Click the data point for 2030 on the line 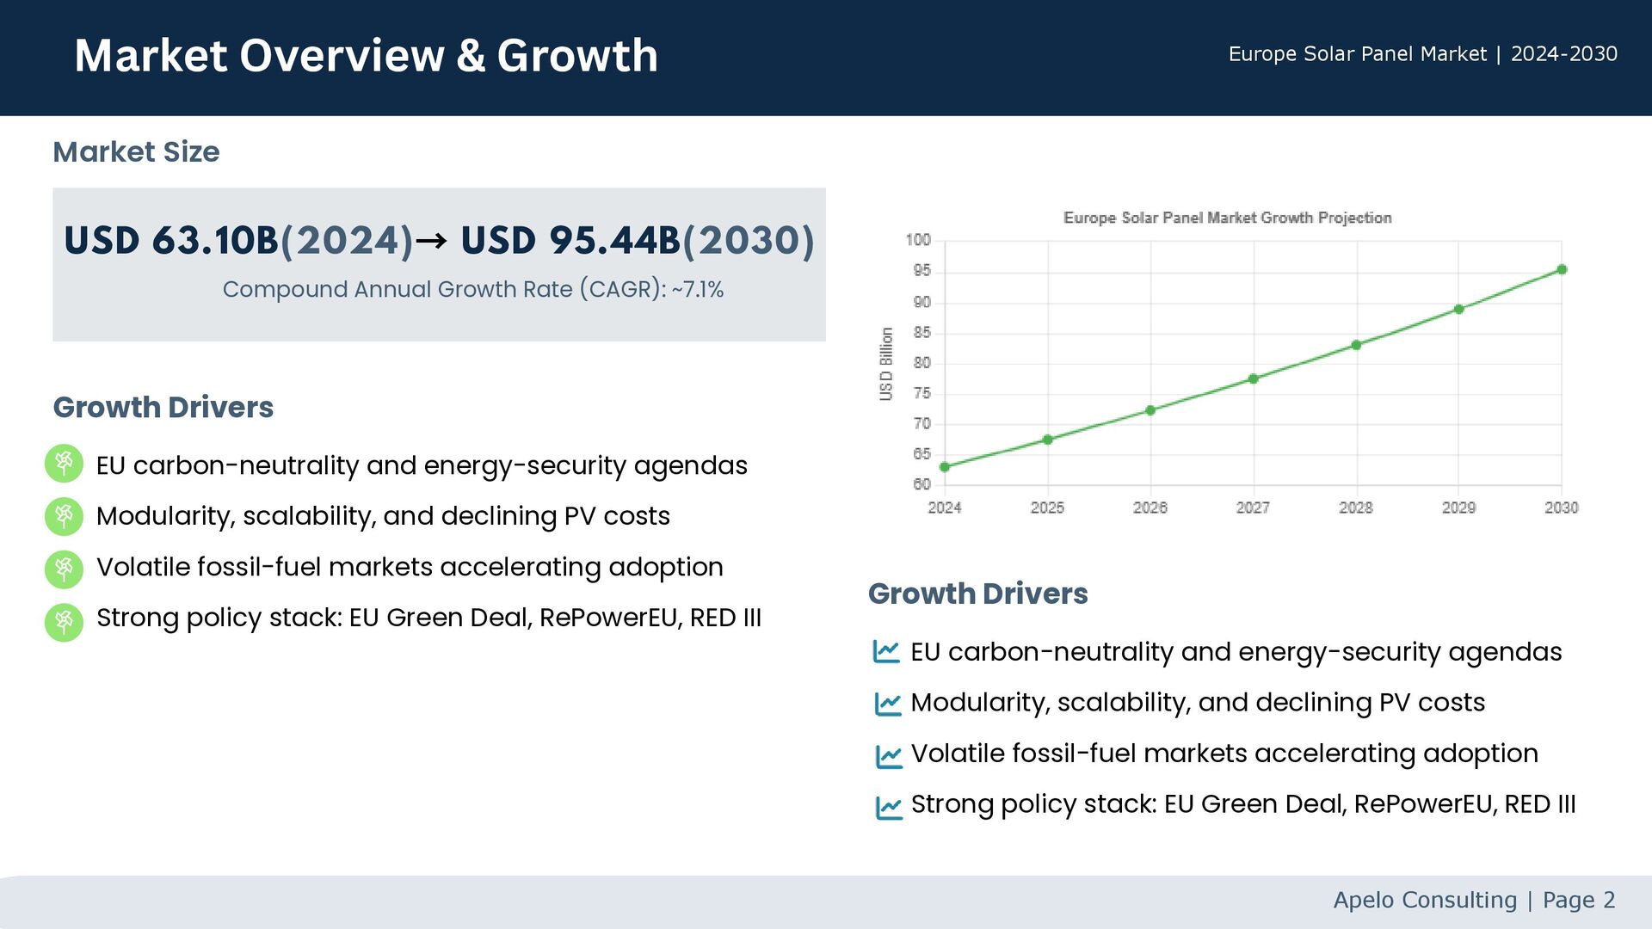pos(1562,270)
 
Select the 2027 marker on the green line pos(1254,378)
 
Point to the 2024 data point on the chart pos(945,467)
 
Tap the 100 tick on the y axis pos(918,240)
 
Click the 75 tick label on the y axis pos(922,393)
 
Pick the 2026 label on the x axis pos(1150,508)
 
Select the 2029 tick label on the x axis pos(1458,508)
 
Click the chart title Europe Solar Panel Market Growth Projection pos(1227,218)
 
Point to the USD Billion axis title pos(886,364)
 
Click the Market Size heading pos(136,152)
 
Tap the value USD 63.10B pos(171,240)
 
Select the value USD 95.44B pos(570,240)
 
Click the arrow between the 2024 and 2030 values pos(432,240)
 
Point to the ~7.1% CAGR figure pos(698,290)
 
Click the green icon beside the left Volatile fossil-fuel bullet pos(64,569)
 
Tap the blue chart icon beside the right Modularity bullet pos(887,704)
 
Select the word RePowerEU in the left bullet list pos(608,618)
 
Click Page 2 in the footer pos(1579,900)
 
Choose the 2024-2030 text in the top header pos(1563,54)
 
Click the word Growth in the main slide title pos(577,56)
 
